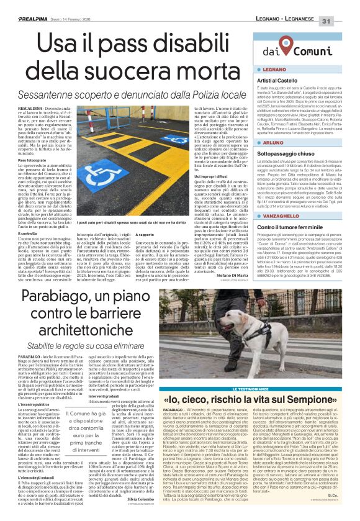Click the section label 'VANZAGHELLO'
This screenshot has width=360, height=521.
coord(281,215)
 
